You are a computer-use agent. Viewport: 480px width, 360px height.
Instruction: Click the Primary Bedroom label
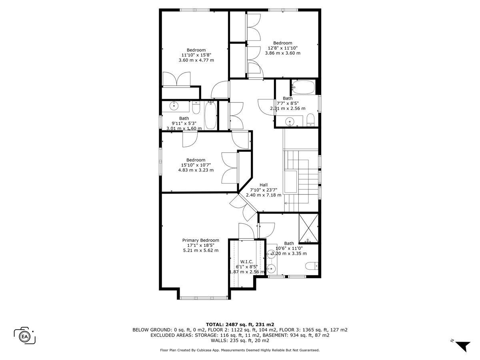[200, 240]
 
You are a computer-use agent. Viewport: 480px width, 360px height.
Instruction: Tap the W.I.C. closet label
[247, 262]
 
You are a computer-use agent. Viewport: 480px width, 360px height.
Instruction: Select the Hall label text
[264, 185]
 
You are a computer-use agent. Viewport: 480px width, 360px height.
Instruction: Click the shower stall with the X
[308, 228]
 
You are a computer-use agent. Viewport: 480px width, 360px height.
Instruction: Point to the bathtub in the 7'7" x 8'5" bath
[304, 87]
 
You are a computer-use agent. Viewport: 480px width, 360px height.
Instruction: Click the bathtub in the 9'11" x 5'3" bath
[211, 116]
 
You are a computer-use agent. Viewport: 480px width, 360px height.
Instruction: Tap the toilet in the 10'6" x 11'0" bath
[312, 266]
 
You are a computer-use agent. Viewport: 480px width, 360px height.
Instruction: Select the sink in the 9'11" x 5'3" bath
[174, 106]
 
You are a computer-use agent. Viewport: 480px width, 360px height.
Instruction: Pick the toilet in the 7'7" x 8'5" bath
[310, 120]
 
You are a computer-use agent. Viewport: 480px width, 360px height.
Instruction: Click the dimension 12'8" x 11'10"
[283, 48]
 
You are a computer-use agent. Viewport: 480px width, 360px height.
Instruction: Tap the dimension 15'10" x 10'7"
[196, 165]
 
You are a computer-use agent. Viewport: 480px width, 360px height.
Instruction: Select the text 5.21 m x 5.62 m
[201, 250]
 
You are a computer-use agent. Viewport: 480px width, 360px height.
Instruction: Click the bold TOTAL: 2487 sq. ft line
[240, 324]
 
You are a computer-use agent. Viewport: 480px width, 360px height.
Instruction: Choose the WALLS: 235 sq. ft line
[240, 340]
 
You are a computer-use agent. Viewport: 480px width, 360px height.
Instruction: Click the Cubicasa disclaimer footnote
[240, 350]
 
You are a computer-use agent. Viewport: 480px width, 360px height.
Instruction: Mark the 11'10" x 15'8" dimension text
[196, 55]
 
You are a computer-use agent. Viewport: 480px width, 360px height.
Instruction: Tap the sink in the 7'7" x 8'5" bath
[290, 121]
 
